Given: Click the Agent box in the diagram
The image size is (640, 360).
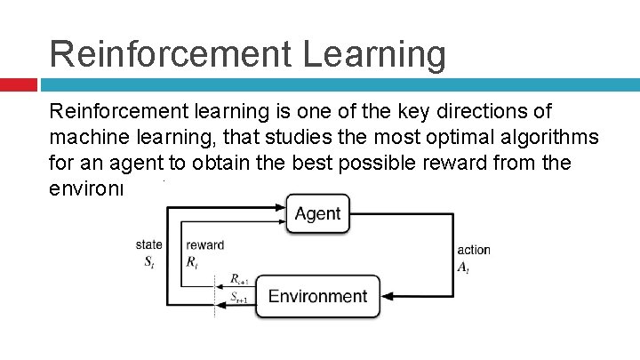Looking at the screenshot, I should [x=317, y=214].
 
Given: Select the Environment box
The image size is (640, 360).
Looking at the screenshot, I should [x=317, y=296].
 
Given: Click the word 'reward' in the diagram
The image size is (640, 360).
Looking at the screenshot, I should [x=205, y=244].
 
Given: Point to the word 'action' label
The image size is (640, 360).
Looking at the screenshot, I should [x=473, y=250].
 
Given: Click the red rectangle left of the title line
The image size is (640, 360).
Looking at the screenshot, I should [x=18, y=84].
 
